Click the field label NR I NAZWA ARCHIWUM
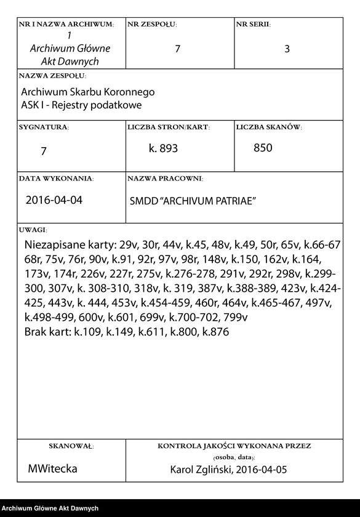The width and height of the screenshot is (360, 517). pos(66,25)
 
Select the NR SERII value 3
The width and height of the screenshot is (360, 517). pos(287,49)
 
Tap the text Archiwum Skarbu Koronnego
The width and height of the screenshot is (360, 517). pos(87,92)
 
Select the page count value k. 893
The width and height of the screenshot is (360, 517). pos(163,149)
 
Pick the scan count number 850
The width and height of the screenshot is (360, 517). pos(263,148)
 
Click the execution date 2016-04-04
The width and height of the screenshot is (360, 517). pos(54,201)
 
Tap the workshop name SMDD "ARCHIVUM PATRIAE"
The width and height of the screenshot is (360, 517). pos(193,201)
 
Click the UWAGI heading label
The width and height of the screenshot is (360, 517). pos(33,230)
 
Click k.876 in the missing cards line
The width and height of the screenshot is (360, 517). pos(216,332)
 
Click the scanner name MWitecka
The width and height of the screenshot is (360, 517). pos(52,469)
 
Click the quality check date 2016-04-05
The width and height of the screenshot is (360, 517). pos(262,470)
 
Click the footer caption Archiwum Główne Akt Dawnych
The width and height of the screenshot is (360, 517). pos(50,508)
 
